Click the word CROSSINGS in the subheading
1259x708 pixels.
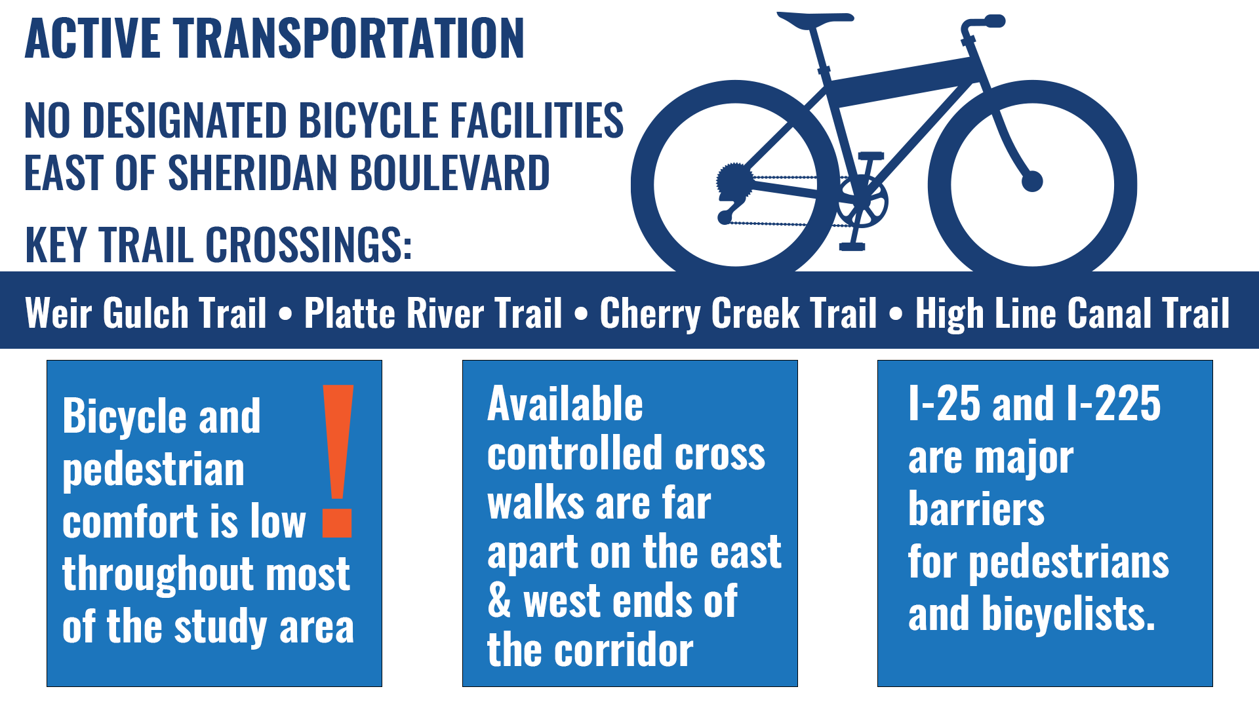[308, 245]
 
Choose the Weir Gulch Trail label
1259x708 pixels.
[146, 313]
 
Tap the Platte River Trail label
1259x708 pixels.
[433, 313]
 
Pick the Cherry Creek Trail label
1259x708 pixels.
[738, 313]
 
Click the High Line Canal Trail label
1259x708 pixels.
[1072, 313]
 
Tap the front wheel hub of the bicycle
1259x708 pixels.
[1032, 181]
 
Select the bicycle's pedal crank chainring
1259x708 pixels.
[862, 202]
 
